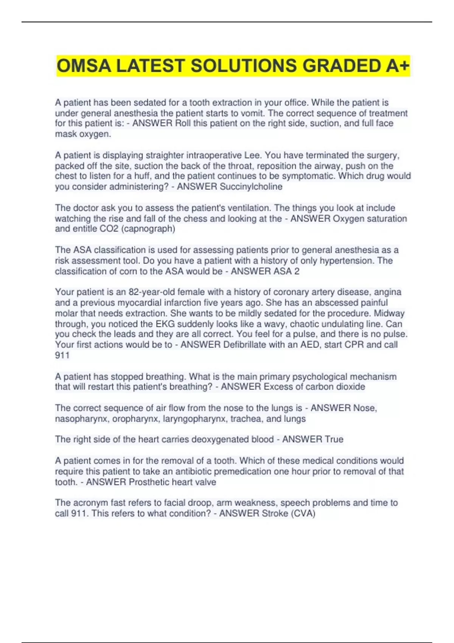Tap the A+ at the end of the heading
pyautogui.click(x=398, y=66)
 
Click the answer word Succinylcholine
pyautogui.click(x=251, y=186)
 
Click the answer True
pyautogui.click(x=334, y=439)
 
